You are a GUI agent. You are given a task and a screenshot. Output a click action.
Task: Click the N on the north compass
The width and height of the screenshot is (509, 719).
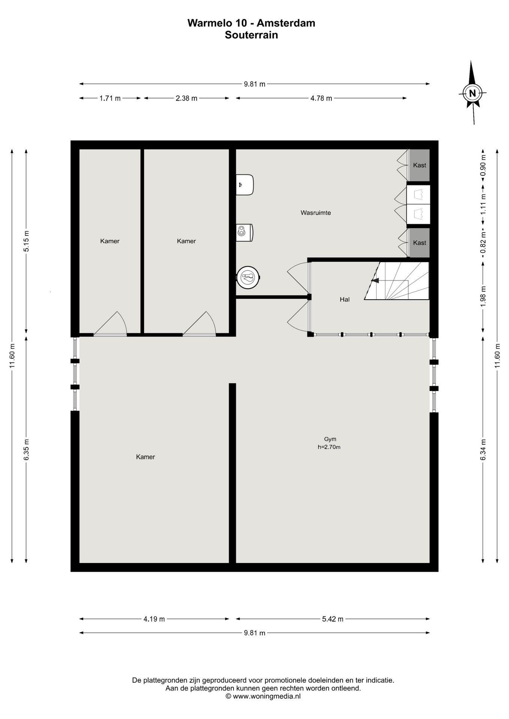point(473,93)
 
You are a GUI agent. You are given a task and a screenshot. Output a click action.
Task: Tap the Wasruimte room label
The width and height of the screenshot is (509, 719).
point(316,213)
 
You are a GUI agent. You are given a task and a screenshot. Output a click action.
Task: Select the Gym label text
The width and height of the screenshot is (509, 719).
point(330,439)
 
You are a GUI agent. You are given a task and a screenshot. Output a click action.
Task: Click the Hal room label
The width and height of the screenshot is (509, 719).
point(344,299)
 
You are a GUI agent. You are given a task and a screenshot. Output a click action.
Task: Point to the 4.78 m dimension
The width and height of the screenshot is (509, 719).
point(321,98)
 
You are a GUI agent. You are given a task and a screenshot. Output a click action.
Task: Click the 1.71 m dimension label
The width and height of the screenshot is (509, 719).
point(110,98)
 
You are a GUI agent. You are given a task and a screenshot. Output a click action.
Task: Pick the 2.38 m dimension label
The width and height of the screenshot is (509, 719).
point(186,98)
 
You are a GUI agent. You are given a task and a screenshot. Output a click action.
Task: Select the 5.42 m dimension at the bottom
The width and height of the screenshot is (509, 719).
point(332,619)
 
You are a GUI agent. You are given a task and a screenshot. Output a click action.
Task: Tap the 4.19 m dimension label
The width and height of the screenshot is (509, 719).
point(154,619)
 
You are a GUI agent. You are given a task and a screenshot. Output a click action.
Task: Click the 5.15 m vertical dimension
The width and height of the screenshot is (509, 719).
point(26,241)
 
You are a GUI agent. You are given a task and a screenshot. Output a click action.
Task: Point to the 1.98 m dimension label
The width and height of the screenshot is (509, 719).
point(483,297)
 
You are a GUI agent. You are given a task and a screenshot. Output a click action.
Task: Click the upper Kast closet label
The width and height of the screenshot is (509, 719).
point(419,165)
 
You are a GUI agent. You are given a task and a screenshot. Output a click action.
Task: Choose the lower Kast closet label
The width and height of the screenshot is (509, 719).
point(419,243)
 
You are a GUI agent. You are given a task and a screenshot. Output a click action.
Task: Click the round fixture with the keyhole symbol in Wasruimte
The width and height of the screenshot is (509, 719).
point(248,277)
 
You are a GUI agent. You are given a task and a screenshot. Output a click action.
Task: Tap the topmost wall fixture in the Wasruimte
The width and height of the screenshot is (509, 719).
point(245,185)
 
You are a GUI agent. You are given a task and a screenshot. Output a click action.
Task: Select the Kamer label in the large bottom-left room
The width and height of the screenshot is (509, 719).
point(145,457)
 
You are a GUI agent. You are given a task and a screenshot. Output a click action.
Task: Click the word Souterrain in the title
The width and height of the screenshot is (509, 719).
point(251,35)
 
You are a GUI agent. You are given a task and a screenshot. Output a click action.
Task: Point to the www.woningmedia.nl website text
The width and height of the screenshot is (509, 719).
point(266,696)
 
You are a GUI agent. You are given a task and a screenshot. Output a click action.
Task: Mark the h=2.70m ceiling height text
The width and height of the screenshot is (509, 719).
point(329,447)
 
